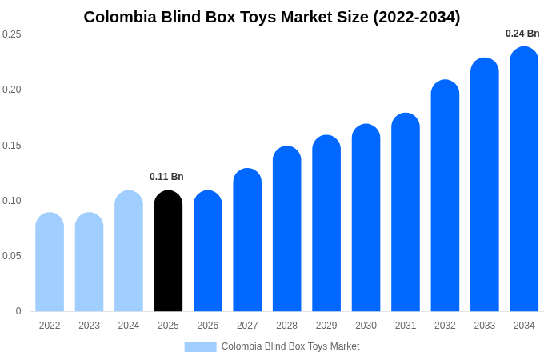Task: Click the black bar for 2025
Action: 168,251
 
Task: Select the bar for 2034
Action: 524,179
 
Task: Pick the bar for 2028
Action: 286,229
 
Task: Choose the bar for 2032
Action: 445,196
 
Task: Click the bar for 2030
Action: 366,218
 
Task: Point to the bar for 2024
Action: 129,251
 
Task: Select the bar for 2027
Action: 247,240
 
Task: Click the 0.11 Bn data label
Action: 166,177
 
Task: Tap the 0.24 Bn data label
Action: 522,34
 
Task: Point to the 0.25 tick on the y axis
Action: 12,34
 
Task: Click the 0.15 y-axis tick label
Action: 12,146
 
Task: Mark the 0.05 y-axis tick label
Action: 12,256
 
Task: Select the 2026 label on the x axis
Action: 208,326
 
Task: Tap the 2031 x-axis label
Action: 406,326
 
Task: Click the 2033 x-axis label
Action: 485,326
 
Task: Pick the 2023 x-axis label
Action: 89,326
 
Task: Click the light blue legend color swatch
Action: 200,347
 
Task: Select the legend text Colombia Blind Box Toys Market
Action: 290,346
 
